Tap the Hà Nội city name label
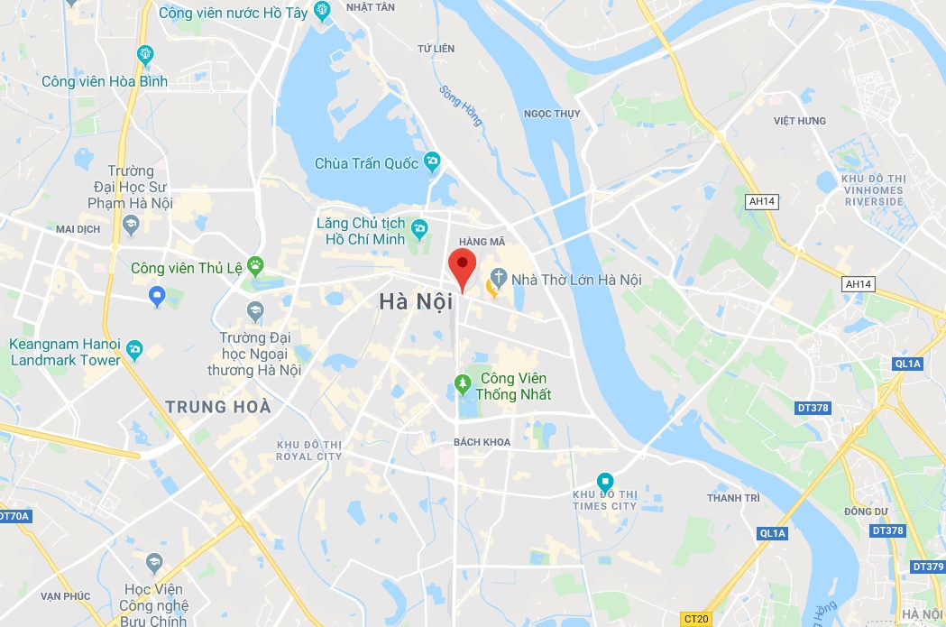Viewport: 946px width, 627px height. pos(415,302)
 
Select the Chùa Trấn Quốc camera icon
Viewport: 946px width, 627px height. pos(433,162)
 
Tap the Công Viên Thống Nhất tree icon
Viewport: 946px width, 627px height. pos(463,385)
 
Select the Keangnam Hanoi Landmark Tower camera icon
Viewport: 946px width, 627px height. pos(134,348)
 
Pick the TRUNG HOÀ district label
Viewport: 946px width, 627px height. pos(218,407)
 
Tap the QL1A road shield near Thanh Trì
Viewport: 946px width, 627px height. pos(773,533)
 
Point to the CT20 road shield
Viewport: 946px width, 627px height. pos(695,619)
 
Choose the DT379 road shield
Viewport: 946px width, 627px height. pos(927,567)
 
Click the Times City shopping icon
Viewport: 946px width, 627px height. pos(605,481)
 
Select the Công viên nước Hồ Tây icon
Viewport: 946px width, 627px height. pos(323,11)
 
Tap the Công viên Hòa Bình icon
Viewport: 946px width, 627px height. pos(145,54)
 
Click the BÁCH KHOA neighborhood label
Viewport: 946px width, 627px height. pos(482,442)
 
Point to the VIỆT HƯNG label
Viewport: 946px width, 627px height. pos(799,121)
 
